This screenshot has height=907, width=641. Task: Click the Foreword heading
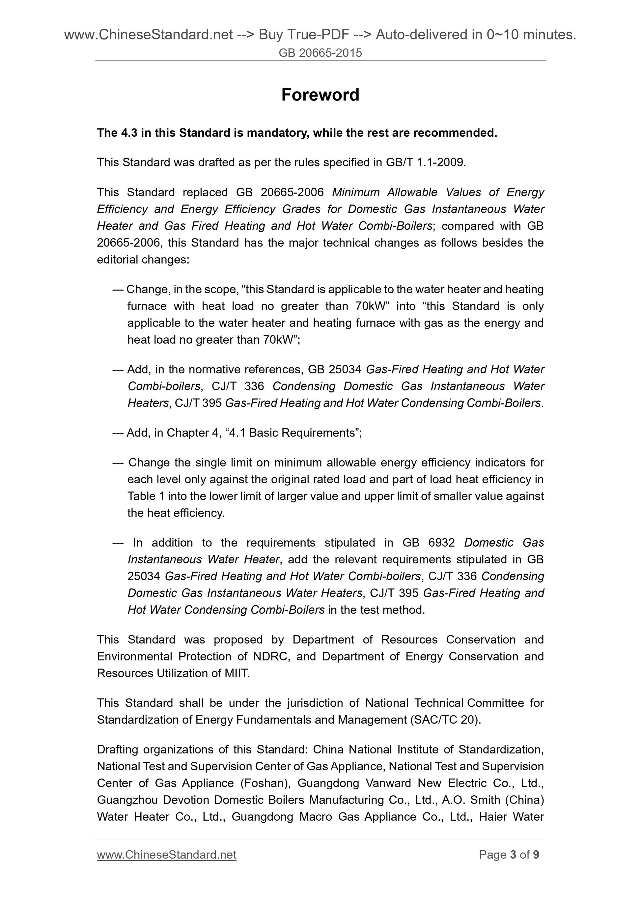320,95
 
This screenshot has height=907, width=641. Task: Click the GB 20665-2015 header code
320,53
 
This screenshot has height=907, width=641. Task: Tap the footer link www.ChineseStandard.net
166,855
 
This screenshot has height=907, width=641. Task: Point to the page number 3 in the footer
513,855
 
